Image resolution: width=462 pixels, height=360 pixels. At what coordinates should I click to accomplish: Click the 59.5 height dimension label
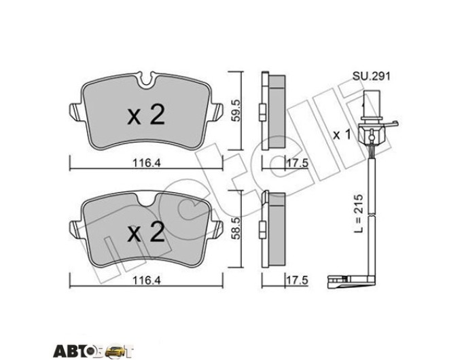[236, 111]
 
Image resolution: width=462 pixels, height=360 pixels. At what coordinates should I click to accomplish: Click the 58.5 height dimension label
[236, 229]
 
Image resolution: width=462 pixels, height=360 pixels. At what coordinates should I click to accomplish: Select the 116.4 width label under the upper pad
[147, 162]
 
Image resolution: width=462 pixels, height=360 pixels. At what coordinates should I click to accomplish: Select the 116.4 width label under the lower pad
[147, 281]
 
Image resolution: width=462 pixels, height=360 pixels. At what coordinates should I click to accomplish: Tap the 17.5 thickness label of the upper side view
[297, 162]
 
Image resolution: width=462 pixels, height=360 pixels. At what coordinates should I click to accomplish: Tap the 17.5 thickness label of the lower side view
[297, 281]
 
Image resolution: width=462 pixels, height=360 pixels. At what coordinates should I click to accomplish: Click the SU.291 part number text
[372, 76]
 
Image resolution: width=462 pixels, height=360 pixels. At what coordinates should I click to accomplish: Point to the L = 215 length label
[358, 213]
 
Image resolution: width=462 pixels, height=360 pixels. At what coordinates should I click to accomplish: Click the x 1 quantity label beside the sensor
[342, 135]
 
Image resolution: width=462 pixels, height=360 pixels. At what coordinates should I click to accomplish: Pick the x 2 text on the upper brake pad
[146, 115]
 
